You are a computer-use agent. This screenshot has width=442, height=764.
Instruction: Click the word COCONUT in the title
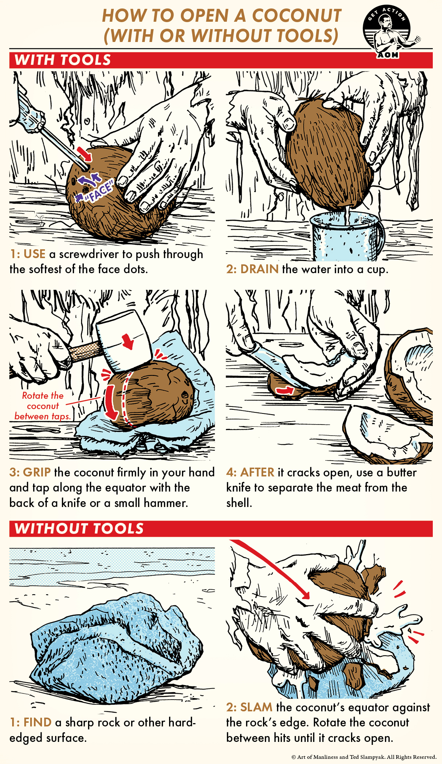[297, 16]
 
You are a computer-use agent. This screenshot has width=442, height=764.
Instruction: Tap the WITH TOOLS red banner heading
[63, 60]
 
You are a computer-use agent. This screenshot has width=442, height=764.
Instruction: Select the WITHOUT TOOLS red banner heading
[79, 529]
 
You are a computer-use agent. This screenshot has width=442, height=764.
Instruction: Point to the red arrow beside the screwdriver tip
[85, 154]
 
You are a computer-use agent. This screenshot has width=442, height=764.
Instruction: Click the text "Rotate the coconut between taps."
[42, 406]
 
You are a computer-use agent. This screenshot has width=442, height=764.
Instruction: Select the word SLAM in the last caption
[256, 707]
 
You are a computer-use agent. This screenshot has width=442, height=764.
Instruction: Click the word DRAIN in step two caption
[259, 269]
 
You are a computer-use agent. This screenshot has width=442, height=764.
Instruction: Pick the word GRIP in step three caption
[37, 472]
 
